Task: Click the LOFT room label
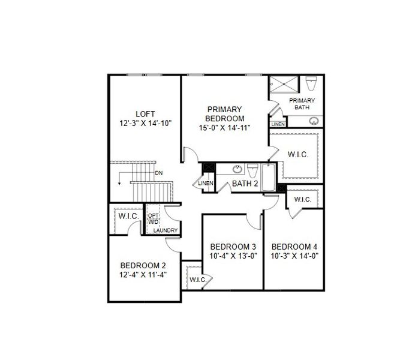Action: pos(145,114)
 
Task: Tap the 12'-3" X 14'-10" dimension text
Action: pos(145,124)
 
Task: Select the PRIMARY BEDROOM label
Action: pos(224,114)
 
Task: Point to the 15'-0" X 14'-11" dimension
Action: pos(224,127)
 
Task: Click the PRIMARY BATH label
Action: pos(302,104)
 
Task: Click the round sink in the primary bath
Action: pos(313,121)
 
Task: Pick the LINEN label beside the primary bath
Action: pos(278,124)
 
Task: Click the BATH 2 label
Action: pos(245,183)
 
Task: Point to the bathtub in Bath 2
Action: pos(267,176)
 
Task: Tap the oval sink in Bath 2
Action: pos(237,168)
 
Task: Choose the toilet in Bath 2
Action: pos(252,168)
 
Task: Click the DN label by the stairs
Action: pos(158,173)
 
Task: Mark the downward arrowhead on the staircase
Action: pos(121,181)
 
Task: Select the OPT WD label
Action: pos(154,218)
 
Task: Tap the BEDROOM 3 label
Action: pos(233,247)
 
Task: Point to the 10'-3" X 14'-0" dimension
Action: pos(294,256)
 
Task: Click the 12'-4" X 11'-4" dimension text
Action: pos(143,275)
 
